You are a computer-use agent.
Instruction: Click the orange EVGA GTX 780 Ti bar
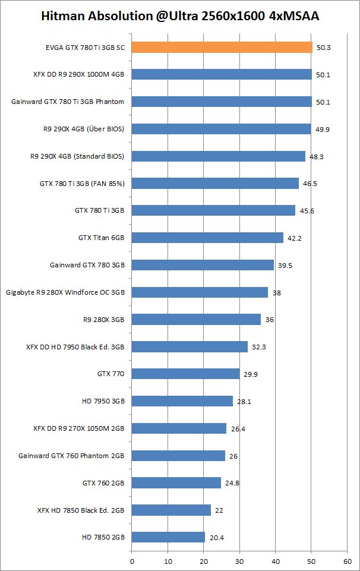tap(222, 47)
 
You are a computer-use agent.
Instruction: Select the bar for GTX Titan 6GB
tap(207, 238)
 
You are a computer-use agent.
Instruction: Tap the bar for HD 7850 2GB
tap(168, 537)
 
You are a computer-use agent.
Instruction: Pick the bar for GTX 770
tap(185, 374)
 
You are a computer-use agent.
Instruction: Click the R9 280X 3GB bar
tap(196, 320)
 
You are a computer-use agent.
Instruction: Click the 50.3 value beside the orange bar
tap(324, 48)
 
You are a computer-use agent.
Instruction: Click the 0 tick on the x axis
tap(132, 560)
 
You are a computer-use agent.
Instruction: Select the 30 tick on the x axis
tap(239, 560)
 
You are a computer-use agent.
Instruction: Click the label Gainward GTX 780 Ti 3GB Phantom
tap(68, 102)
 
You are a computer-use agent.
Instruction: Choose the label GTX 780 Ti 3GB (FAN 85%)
tap(82, 184)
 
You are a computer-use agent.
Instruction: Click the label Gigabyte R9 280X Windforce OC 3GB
tap(65, 292)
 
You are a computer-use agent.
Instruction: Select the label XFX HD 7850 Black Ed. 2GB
tap(81, 510)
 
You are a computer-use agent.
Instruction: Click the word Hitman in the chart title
tap(64, 17)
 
